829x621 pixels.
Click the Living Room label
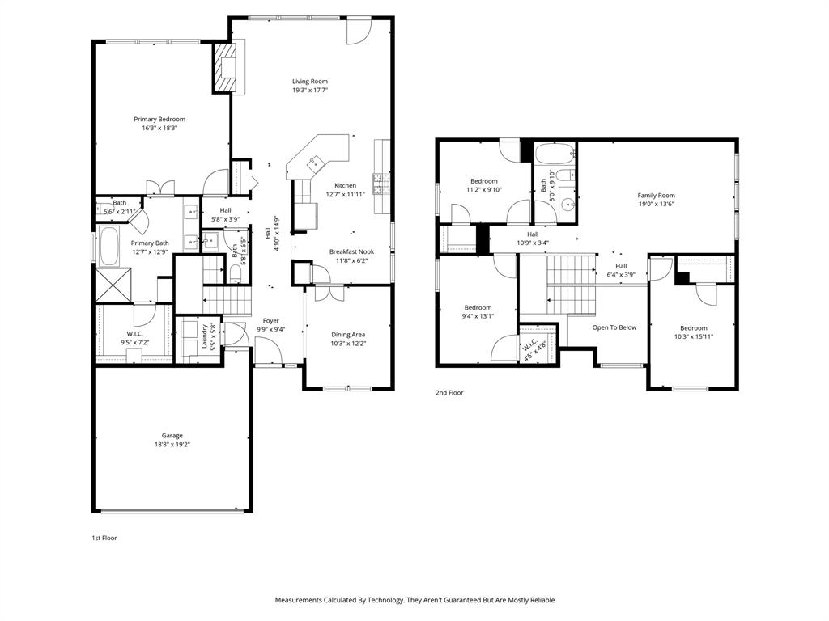[310, 81]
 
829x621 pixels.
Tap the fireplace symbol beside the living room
[223, 67]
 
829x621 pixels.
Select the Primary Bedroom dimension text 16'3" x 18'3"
[159, 128]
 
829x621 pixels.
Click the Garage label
[172, 436]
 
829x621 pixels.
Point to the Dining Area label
[348, 334]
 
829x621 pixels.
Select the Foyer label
[270, 320]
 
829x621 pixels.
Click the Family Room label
[656, 195]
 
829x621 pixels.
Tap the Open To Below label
[614, 327]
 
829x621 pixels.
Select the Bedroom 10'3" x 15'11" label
[693, 327]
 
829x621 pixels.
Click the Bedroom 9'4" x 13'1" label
[478, 307]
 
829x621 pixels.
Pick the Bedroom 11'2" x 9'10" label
[484, 181]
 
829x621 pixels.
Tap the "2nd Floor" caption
[449, 392]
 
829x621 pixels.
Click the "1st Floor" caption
[104, 537]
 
